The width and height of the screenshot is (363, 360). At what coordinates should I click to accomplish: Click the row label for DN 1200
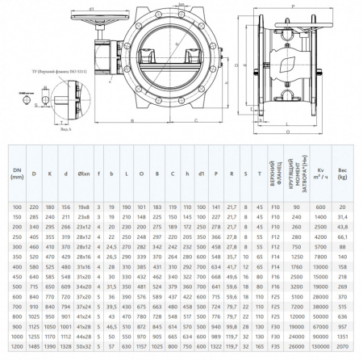(x=16, y=345)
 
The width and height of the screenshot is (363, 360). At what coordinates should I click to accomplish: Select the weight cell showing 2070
(x=342, y=345)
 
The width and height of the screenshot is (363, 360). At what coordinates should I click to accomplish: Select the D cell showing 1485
(x=35, y=345)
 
